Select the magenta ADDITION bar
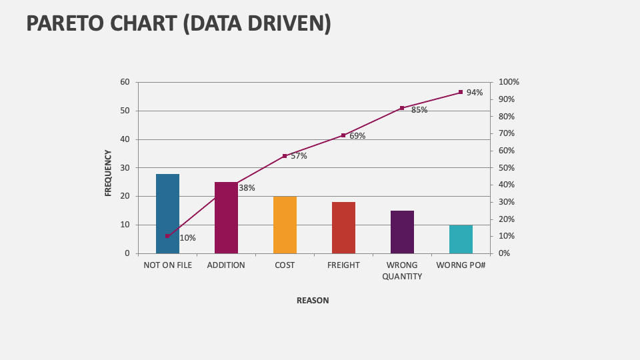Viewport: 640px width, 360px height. [x=226, y=218]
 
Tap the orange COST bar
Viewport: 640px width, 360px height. [x=285, y=225]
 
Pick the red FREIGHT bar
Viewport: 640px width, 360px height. [x=343, y=227]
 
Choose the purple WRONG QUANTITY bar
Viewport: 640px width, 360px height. [x=402, y=232]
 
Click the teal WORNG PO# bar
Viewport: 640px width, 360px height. [x=461, y=239]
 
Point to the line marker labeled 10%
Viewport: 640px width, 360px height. [x=167, y=236]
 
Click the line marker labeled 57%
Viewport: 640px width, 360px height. [x=285, y=156]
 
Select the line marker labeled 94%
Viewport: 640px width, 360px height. [x=461, y=92]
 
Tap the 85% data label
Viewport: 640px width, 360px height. [x=419, y=110]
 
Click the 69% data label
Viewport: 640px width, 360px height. [x=357, y=136]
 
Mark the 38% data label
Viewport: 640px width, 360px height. [x=247, y=188]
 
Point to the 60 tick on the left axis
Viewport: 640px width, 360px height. [x=125, y=82]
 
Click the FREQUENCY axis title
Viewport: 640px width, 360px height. [x=108, y=173]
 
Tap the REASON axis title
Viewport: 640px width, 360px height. [x=313, y=301]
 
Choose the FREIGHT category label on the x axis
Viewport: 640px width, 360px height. [x=343, y=265]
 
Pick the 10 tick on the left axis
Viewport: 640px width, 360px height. [x=125, y=225]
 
